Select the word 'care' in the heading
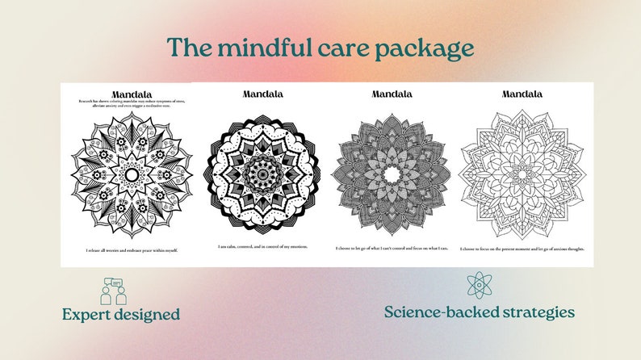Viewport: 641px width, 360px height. tap(338, 49)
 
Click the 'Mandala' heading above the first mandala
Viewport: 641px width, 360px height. tap(132, 94)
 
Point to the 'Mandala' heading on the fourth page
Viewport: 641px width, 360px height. tap(522, 94)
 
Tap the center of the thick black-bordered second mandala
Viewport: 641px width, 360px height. tap(262, 173)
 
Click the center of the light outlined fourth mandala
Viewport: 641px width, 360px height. tap(522, 173)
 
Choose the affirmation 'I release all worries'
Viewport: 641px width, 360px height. tap(132, 250)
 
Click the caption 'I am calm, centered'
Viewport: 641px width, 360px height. tap(262, 247)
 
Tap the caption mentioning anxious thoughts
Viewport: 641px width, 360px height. tap(522, 249)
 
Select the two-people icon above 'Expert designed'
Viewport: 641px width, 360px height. tap(114, 290)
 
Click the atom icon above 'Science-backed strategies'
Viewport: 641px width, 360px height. tap(479, 285)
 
